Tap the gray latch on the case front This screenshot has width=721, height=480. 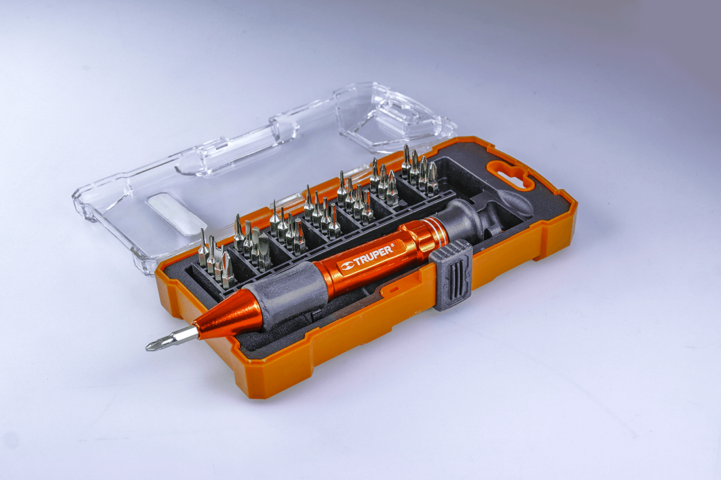pyautogui.click(x=452, y=276)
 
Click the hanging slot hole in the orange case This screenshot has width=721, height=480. pyautogui.click(x=511, y=174)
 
